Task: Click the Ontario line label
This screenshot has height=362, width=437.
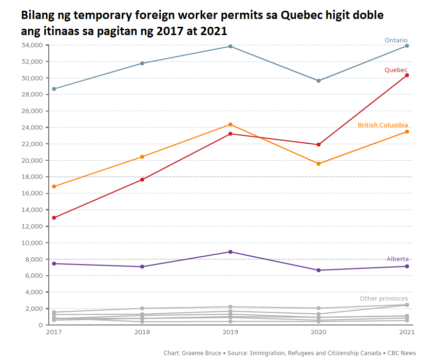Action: coord(396,40)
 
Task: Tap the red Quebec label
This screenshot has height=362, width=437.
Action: coord(396,70)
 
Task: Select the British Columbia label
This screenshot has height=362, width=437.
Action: coord(382,125)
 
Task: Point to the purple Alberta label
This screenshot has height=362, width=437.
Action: coord(398,259)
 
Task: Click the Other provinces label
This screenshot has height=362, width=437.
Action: coord(383,299)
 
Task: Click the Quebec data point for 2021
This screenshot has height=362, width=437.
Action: coord(407,75)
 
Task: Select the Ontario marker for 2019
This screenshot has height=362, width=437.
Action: coord(230,46)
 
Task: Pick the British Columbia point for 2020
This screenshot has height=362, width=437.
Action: coord(319,164)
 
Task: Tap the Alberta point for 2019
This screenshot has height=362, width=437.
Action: coord(230,252)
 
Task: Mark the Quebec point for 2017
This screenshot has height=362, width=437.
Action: coord(54,218)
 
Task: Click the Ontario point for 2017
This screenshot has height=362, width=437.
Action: coord(54,89)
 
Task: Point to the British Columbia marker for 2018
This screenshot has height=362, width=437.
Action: coord(142,157)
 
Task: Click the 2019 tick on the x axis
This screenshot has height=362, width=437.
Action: coord(230,332)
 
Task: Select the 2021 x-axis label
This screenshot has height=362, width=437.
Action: coord(406,332)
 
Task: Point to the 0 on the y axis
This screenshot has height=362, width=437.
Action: coord(41,325)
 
